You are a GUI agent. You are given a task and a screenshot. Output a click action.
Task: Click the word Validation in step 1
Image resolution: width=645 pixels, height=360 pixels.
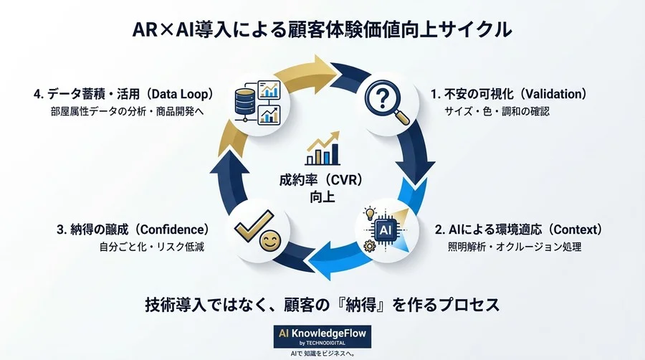pos(554,95)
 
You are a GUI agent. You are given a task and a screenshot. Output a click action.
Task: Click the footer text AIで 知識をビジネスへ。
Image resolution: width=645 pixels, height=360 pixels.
pos(322,354)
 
